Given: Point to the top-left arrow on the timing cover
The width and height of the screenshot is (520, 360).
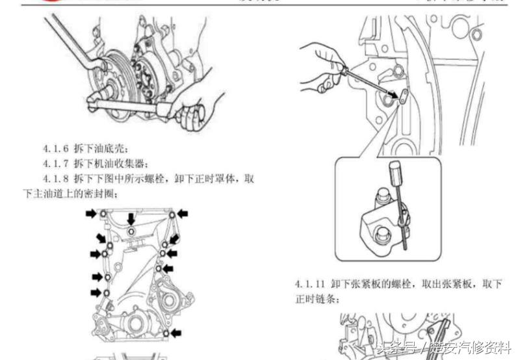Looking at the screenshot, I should pos(93,213).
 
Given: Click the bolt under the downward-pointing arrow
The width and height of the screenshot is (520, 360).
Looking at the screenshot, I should pos(131,231).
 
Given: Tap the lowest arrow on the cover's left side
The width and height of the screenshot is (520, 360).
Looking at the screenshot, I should pos(96,293).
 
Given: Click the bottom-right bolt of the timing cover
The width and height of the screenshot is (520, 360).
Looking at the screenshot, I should pos(166,333).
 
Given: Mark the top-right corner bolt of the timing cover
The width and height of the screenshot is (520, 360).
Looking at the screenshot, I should pos(171,214).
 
